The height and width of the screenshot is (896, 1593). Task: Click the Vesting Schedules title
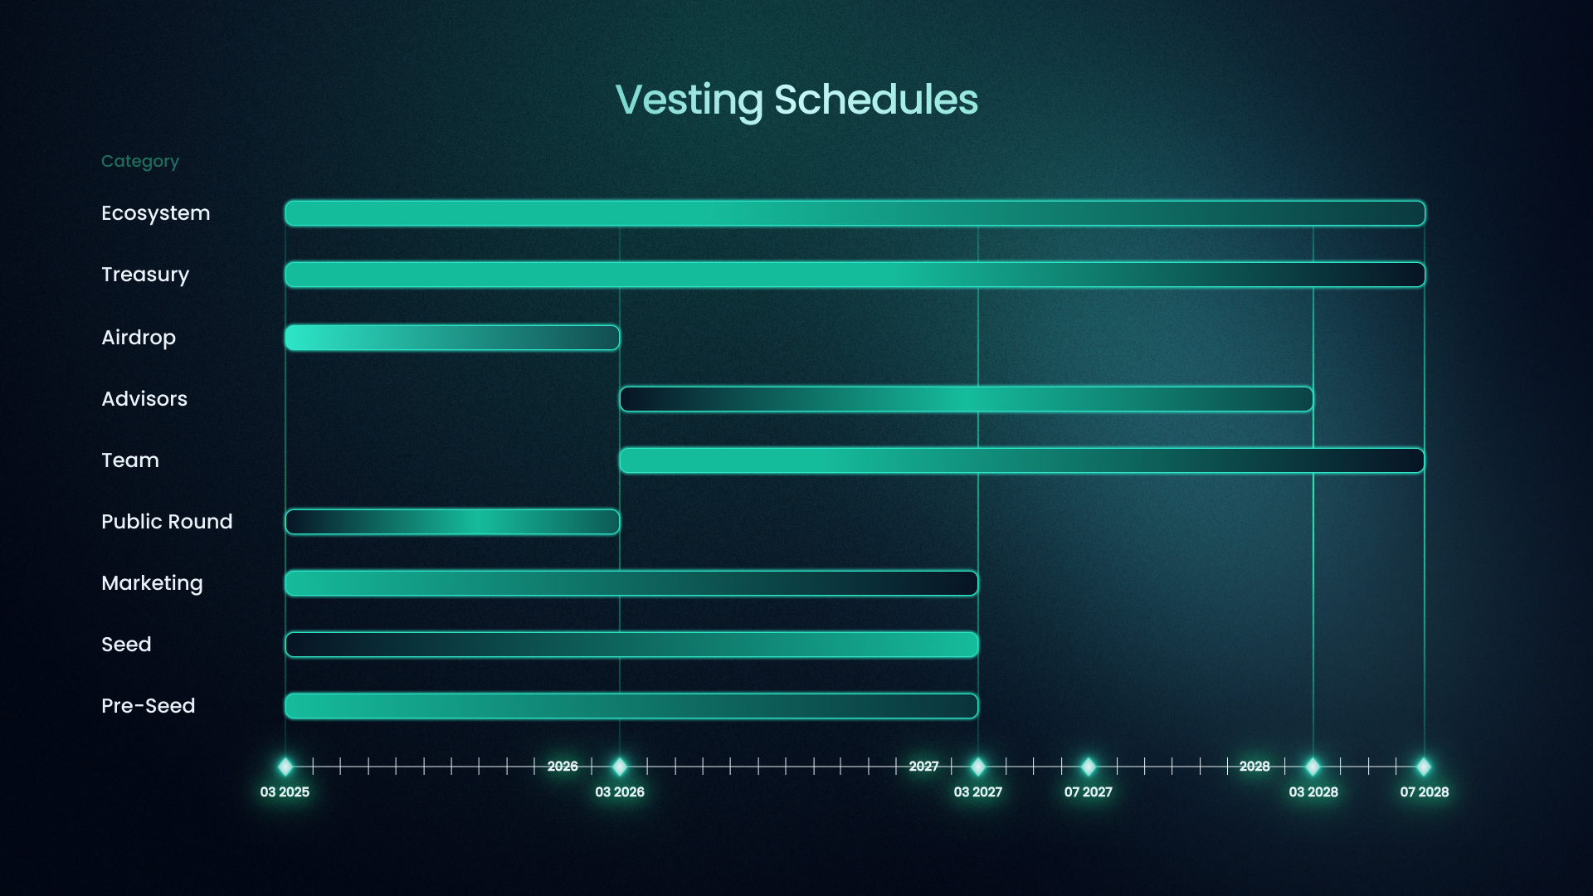point(796,100)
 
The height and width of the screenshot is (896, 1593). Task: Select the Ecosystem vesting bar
point(855,213)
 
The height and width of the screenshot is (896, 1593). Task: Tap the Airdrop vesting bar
point(452,338)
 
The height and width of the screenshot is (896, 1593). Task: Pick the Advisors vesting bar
point(967,399)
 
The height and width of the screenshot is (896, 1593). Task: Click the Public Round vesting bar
point(452,522)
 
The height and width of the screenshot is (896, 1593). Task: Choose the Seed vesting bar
point(631,645)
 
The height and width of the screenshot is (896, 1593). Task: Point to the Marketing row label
point(152,583)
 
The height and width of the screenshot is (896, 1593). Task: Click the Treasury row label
point(145,275)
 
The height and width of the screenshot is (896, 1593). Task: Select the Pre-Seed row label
point(149,706)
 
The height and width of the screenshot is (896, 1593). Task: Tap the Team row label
point(130,460)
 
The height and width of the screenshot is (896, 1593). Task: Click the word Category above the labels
point(140,162)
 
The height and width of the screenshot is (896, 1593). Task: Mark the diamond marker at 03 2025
point(285,767)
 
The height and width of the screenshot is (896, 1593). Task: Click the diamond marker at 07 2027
point(1089,767)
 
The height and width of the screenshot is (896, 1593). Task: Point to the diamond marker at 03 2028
point(1313,767)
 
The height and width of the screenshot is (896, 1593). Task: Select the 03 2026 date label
point(620,792)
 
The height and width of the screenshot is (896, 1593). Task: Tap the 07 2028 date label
point(1425,792)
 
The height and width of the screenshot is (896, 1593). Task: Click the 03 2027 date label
point(978,792)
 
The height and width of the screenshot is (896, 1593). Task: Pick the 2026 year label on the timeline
point(563,767)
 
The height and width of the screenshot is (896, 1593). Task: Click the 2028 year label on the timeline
point(1254,767)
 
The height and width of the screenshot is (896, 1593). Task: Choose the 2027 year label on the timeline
point(923,767)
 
